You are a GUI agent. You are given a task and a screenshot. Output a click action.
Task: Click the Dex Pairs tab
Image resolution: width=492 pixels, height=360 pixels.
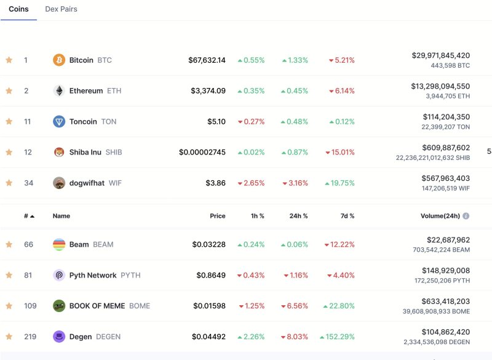point(61,9)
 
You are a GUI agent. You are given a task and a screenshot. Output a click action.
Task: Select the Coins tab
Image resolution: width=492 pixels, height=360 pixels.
point(18,9)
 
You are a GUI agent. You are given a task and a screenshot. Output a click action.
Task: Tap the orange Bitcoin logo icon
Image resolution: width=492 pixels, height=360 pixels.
point(59,60)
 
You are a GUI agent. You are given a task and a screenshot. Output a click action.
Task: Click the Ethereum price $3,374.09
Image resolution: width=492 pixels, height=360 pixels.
point(207,91)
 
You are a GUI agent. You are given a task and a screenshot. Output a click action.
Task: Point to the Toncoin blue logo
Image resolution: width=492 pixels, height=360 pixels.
point(59,122)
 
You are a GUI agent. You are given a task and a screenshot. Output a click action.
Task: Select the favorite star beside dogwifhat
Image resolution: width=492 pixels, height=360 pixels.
point(9,183)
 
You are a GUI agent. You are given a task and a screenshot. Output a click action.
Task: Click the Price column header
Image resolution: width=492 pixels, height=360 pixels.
point(217,216)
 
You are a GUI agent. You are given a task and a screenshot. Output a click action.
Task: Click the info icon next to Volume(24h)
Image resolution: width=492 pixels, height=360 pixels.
point(466,216)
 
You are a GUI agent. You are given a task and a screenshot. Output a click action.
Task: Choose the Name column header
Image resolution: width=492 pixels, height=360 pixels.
point(61,216)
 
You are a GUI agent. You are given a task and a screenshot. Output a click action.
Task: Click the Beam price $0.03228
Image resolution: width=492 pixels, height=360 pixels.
point(208,245)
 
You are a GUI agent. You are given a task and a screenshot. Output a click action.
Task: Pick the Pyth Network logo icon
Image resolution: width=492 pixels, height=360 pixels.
point(59,276)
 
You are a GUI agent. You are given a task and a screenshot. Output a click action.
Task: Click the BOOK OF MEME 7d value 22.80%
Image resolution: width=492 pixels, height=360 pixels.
point(341,306)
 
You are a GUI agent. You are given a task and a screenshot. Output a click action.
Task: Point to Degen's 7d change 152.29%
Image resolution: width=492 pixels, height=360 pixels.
point(338,337)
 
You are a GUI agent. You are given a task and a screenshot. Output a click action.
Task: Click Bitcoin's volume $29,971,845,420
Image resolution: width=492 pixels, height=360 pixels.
point(440,55)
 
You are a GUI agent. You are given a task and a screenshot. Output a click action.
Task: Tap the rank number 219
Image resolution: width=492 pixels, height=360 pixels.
point(30,337)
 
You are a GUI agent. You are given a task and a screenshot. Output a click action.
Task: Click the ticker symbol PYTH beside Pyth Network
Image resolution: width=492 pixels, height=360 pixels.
point(130,276)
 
